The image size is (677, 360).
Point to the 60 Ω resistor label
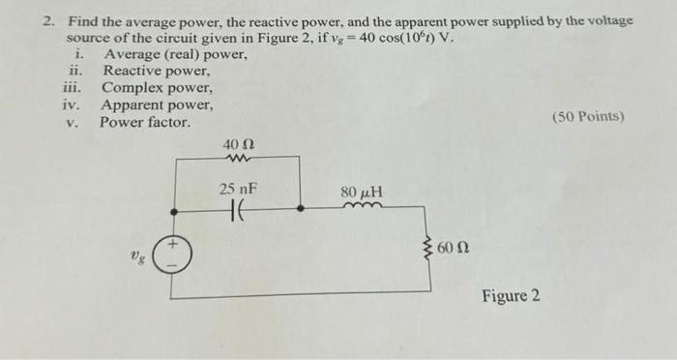tap(454, 249)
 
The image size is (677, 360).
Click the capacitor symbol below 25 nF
tap(237, 208)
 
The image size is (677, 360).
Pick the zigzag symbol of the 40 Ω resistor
tap(238, 159)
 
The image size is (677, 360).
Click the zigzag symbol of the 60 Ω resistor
tap(429, 248)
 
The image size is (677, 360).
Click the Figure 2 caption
tap(511, 294)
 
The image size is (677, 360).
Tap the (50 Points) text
tap(588, 117)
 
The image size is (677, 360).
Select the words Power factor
tap(146, 123)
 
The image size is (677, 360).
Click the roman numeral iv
tap(71, 105)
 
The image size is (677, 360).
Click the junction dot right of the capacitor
tap(301, 208)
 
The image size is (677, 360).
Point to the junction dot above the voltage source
tap(174, 208)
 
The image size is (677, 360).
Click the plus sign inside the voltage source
tap(175, 247)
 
